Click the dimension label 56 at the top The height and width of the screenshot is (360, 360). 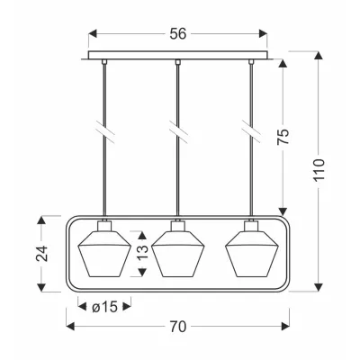[178, 34]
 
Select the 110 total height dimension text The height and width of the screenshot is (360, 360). [319, 169]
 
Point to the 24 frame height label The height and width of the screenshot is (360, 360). [42, 254]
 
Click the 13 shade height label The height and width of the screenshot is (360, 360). [143, 252]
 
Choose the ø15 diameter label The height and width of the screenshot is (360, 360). [104, 307]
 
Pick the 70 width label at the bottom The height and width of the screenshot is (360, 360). [178, 327]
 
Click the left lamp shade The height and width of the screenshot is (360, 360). [104, 254]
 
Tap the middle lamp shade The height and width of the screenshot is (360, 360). [178, 254]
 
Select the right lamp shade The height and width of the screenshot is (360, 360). [252, 254]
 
